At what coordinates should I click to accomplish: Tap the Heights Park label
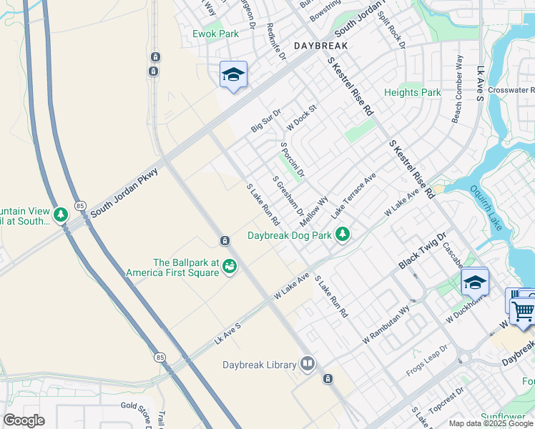click(412, 93)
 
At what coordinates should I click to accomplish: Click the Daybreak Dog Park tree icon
click(343, 234)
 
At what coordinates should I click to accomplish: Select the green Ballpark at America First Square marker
click(230, 267)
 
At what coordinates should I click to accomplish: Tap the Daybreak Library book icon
click(308, 365)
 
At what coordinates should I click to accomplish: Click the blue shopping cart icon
click(522, 309)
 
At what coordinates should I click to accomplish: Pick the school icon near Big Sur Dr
click(233, 75)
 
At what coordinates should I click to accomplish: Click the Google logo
click(24, 420)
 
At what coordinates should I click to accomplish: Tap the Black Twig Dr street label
click(422, 251)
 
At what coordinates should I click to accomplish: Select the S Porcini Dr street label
click(293, 160)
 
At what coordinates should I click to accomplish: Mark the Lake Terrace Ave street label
click(353, 195)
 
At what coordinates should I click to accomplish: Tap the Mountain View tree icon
click(61, 214)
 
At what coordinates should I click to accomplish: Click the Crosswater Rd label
click(512, 90)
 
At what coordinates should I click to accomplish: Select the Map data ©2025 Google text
click(490, 423)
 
